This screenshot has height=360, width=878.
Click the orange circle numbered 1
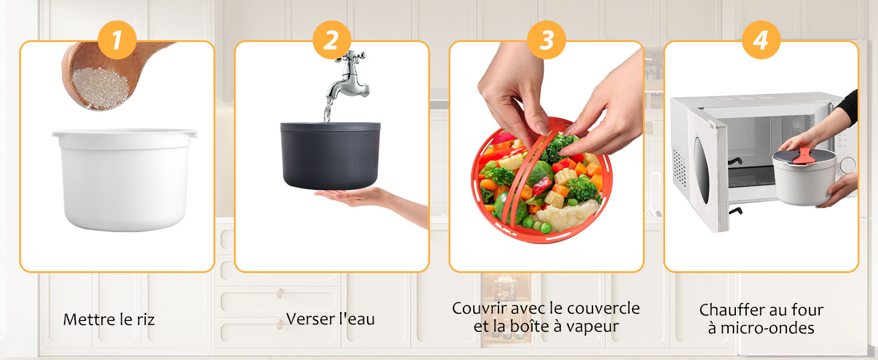pyautogui.click(x=117, y=40)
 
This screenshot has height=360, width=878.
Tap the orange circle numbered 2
pyautogui.click(x=332, y=40)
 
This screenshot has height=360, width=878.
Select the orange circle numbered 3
pyautogui.click(x=546, y=40)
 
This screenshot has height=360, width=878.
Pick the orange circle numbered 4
pyautogui.click(x=761, y=40)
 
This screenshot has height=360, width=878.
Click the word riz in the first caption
pyautogui.click(x=143, y=319)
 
